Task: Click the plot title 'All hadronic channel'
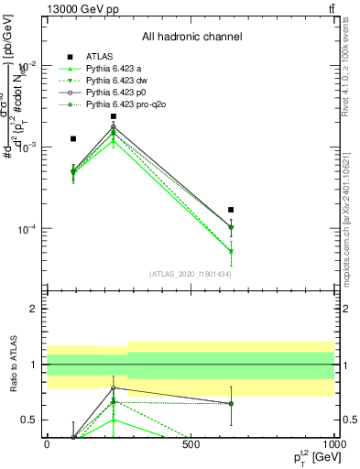191,37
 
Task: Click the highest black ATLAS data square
114,116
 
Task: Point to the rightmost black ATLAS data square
231,210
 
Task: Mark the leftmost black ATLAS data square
73,139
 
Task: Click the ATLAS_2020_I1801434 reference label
190,274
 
